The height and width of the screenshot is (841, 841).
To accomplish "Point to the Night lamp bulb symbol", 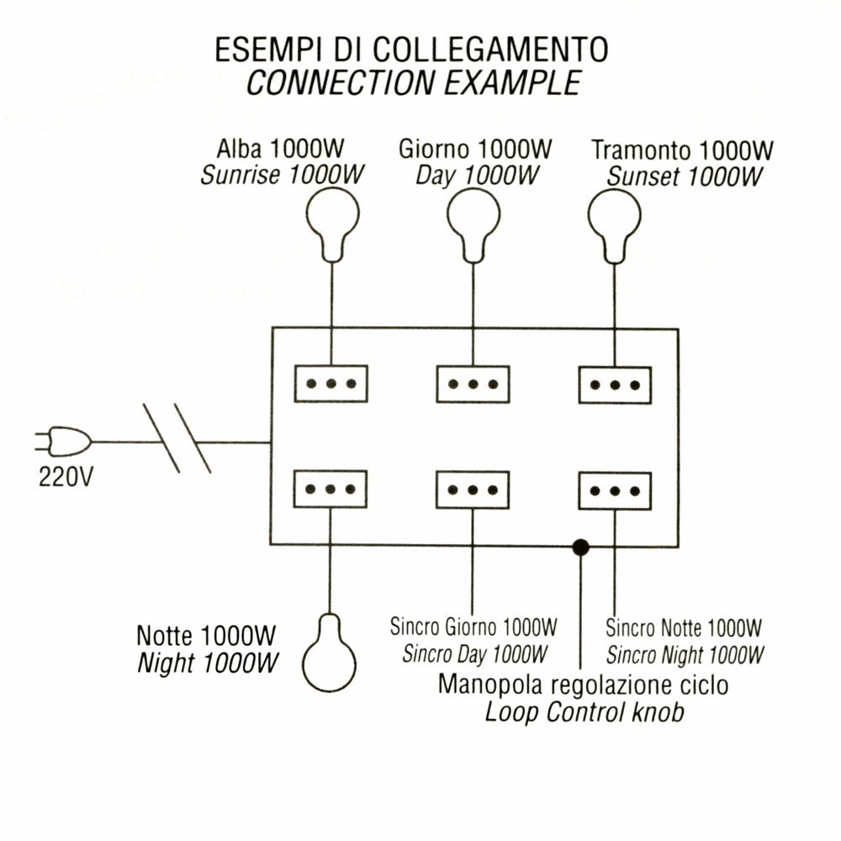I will point(330,652).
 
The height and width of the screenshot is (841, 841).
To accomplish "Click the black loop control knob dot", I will point(579,547).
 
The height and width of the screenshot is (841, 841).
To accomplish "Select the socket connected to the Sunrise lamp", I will point(331,383).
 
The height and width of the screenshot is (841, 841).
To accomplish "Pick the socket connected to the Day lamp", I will point(473,383).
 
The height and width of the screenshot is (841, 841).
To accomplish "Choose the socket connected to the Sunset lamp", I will point(615,384).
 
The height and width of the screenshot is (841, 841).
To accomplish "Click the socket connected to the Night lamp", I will point(331,489).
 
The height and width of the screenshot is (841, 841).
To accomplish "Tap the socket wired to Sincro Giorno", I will point(473,489).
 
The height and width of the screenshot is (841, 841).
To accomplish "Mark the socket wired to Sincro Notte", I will point(615,490).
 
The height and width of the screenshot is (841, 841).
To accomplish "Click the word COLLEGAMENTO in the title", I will point(490,50).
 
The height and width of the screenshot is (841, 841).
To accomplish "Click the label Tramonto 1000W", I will point(682,151).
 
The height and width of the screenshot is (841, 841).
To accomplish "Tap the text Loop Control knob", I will point(584,712).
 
